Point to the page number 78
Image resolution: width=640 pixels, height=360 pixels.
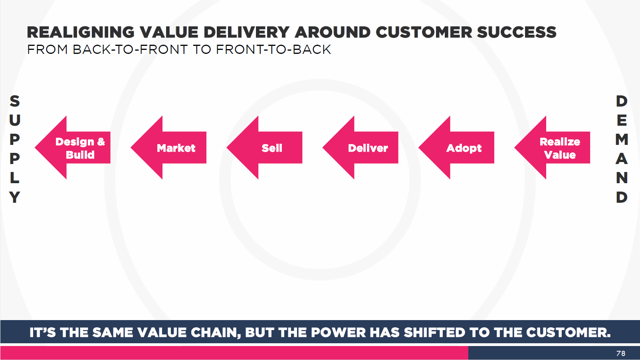pyautogui.click(x=621, y=354)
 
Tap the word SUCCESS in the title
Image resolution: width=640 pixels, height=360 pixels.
pyautogui.click(x=517, y=32)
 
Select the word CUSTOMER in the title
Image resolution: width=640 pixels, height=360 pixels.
pyautogui.click(x=424, y=32)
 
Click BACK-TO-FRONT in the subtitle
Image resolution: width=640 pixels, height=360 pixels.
pyautogui.click(x=130, y=49)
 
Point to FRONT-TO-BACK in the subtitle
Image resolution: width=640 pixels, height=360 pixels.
pyautogui.click(x=273, y=49)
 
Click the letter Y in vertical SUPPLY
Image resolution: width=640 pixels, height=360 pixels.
pyautogui.click(x=14, y=197)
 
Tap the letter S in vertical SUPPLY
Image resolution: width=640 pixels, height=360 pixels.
pyautogui.click(x=14, y=101)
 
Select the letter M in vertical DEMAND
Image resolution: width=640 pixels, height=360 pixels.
pyautogui.click(x=622, y=139)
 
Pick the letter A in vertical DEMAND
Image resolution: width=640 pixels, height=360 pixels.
pyautogui.click(x=622, y=158)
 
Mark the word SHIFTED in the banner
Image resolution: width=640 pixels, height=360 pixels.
pyautogui.click(x=434, y=332)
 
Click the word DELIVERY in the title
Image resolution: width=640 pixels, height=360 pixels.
pyautogui.click(x=247, y=32)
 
